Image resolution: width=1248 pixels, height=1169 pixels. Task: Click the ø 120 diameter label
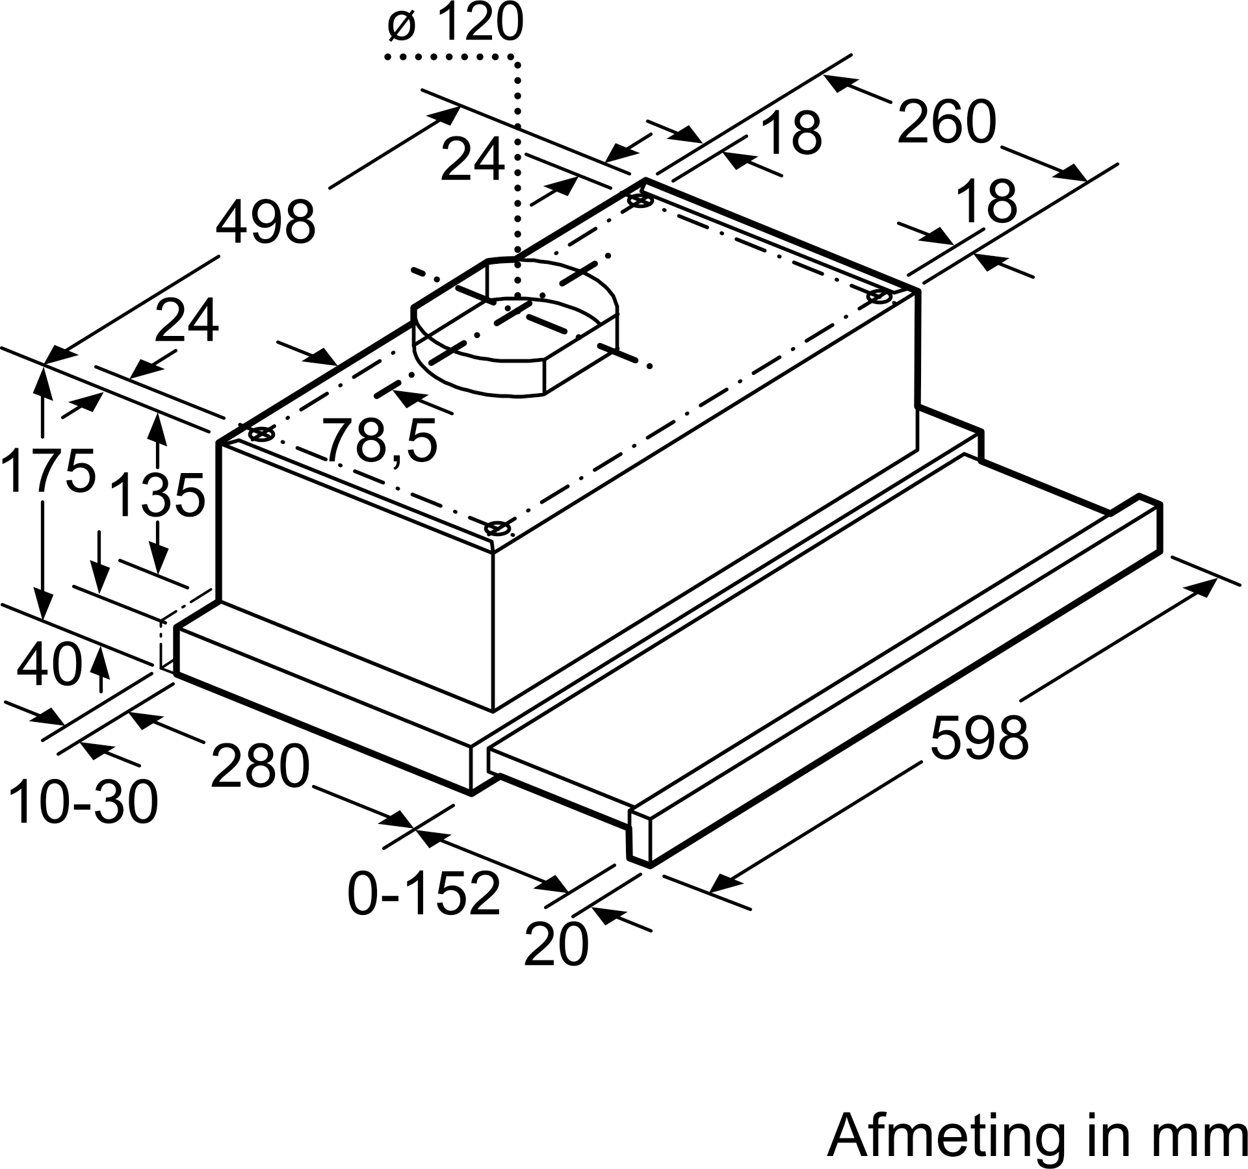point(455,22)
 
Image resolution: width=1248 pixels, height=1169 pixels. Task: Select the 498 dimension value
point(266,222)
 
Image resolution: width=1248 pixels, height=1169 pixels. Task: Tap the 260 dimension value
point(946,122)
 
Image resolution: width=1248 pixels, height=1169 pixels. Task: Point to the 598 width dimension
point(980,737)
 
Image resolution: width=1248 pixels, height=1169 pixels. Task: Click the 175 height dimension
point(48,469)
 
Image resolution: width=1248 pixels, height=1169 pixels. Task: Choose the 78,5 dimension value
point(382,440)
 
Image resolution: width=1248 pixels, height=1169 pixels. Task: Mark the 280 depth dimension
point(260,765)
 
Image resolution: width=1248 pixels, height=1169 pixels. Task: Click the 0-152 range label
point(424,893)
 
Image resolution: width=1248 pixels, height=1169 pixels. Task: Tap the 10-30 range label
point(83,802)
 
